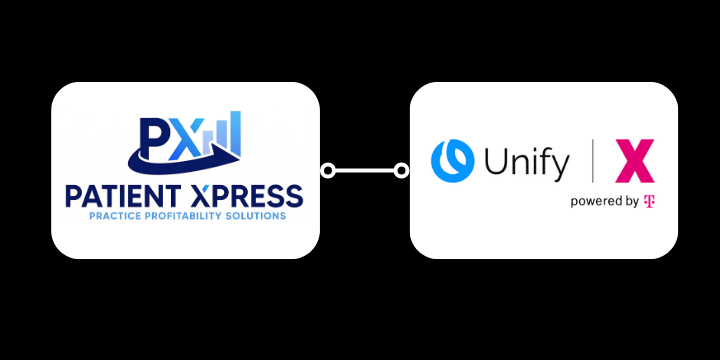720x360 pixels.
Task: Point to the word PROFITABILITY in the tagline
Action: click(188, 216)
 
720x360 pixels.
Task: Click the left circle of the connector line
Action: click(328, 171)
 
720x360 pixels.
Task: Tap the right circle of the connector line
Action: click(401, 171)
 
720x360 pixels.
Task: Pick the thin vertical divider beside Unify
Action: click(594, 160)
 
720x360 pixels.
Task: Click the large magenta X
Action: click(634, 160)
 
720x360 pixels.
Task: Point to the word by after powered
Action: click(632, 202)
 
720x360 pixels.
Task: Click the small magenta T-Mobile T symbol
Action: click(649, 201)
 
